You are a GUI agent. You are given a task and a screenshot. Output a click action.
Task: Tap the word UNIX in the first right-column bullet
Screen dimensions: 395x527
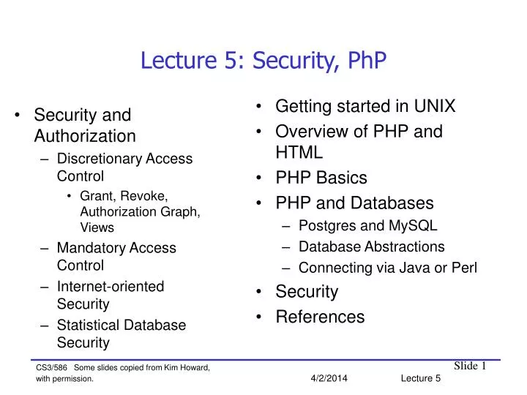pos(431,107)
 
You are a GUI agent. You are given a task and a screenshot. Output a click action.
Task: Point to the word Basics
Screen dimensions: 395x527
pos(342,178)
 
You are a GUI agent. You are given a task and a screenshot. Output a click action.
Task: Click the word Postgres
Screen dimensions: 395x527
pos(325,225)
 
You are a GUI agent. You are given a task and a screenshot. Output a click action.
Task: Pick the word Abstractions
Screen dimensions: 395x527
pos(403,247)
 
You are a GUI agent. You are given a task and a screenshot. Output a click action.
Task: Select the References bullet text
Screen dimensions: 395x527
pos(320,317)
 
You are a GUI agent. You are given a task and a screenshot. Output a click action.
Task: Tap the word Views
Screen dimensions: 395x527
pos(97,228)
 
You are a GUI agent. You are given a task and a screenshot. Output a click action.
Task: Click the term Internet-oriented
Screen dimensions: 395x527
pos(111,287)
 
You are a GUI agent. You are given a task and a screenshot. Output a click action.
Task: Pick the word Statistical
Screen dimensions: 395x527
pos(88,325)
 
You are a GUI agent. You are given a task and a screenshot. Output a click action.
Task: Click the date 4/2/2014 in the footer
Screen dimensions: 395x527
pos(329,377)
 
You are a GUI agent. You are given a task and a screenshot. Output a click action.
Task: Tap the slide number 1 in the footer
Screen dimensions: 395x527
pos(484,366)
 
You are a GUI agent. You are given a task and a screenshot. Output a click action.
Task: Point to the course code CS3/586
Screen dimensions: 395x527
pos(52,367)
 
